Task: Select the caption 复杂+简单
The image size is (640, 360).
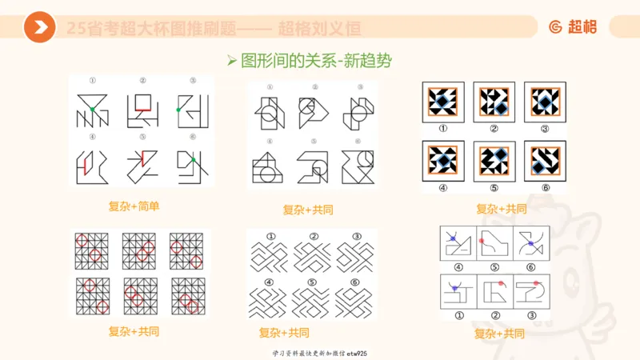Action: pyautogui.click(x=134, y=206)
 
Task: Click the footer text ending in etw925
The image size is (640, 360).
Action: pyautogui.click(x=320, y=352)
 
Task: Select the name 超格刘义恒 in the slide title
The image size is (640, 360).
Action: pyautogui.click(x=319, y=29)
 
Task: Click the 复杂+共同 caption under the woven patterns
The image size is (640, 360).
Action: pyautogui.click(x=284, y=333)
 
